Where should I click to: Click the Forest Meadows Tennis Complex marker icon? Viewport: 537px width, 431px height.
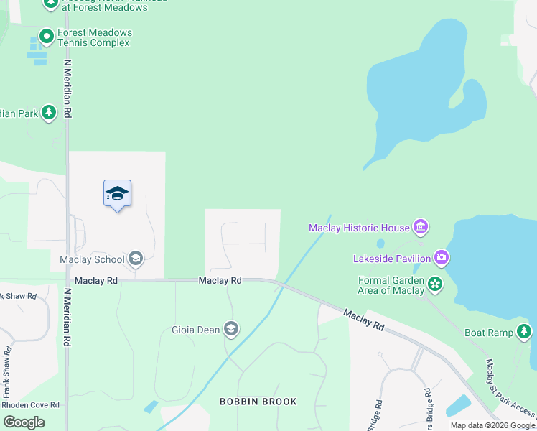[47, 34]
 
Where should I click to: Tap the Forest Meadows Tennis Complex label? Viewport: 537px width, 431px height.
[94, 38]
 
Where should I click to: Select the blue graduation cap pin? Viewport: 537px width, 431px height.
[117, 194]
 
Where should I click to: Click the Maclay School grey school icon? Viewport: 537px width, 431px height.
[136, 259]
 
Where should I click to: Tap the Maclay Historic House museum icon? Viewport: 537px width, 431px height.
[421, 228]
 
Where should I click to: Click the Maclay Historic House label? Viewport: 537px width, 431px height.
[359, 228]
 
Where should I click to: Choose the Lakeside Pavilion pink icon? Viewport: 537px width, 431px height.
[442, 258]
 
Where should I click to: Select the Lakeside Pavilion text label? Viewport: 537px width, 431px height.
[392, 259]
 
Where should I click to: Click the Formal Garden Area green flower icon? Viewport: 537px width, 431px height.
[434, 284]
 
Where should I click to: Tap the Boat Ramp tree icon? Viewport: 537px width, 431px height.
[525, 331]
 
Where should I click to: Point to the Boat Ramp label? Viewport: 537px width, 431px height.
[489, 333]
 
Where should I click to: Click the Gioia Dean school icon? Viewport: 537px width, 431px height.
[231, 330]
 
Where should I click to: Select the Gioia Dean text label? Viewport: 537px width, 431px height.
[195, 330]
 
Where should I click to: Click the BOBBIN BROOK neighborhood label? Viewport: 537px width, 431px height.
[258, 402]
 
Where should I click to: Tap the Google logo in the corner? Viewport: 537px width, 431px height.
[24, 422]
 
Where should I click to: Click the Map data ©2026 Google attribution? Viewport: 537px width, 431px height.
[492, 425]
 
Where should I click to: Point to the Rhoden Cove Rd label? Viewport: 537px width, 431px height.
[30, 405]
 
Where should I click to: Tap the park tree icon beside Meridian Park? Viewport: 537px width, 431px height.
[49, 112]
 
